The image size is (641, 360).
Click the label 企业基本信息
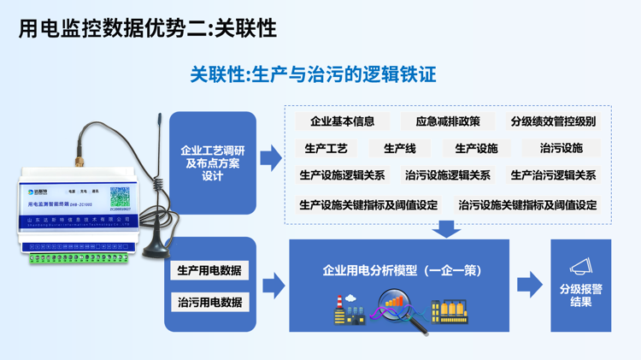coord(342,121)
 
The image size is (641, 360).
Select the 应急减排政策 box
coord(442,121)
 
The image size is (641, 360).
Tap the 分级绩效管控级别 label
coord(553,121)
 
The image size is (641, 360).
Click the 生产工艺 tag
coord(326,148)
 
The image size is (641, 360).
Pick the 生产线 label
coord(399,148)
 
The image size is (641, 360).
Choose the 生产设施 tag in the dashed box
coord(476,148)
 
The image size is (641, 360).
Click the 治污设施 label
coord(562,148)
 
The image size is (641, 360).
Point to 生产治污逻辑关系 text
coord(553,175)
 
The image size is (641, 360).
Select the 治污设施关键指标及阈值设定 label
coord(527,205)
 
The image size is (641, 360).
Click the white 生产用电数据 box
coord(209,270)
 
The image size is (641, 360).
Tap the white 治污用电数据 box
coord(209,302)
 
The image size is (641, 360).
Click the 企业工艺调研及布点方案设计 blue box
coord(213,162)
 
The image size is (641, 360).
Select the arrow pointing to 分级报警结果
coord(530,285)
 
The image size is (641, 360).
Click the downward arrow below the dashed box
coord(445,229)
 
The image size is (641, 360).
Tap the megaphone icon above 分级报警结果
coord(580,268)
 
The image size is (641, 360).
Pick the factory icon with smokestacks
coord(350,310)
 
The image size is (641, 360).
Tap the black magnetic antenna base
coord(156,249)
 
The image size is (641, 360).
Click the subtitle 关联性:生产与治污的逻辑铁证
coord(313,74)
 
